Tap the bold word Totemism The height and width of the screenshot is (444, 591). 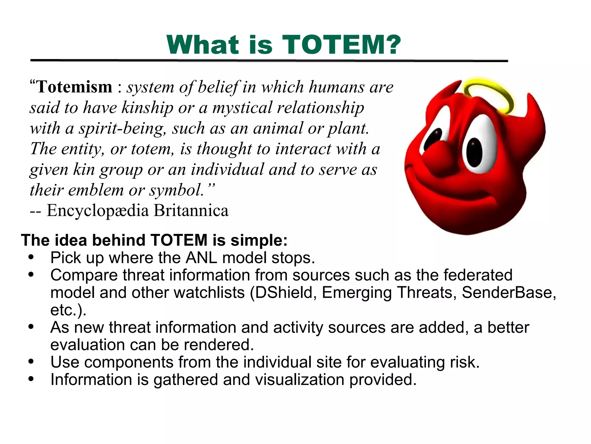pyautogui.click(x=74, y=87)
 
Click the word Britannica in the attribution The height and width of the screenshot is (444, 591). pyautogui.click(x=191, y=210)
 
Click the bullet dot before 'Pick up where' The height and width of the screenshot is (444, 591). pyautogui.click(x=31, y=257)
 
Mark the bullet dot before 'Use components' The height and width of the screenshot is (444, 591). pyautogui.click(x=31, y=362)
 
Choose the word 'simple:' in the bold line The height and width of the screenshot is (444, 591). pyautogui.click(x=259, y=240)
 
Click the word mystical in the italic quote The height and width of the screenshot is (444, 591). pyautogui.click(x=242, y=108)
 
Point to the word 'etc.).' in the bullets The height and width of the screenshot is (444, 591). pyautogui.click(x=68, y=310)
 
